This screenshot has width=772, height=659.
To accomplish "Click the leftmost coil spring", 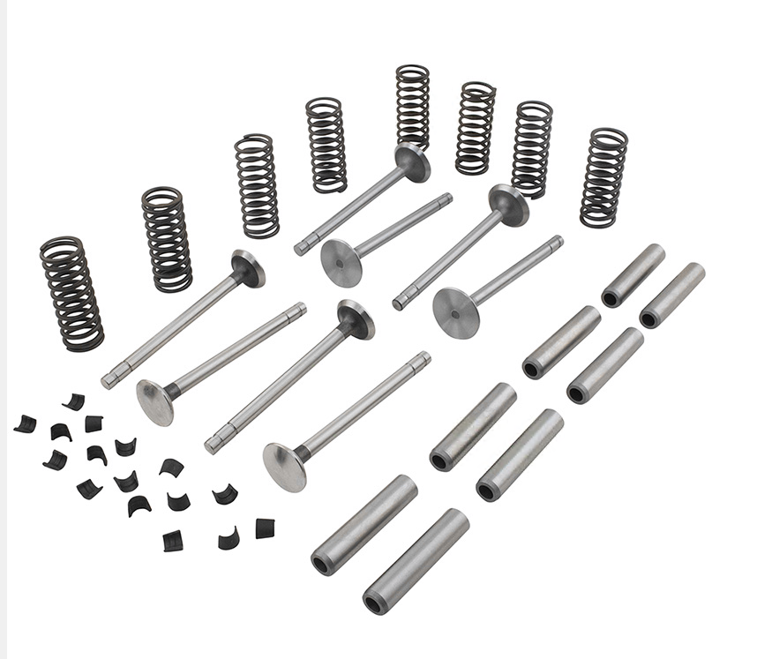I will coord(71,294).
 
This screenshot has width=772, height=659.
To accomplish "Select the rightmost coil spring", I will coord(603,177).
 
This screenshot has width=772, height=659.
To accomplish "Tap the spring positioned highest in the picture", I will coord(412,105).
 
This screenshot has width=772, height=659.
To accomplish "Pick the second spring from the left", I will coord(167,238).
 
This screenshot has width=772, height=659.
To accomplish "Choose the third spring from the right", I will coord(476,128).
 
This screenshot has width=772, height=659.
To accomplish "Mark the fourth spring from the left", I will coord(326,145).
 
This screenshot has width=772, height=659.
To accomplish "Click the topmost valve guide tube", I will coord(633,275).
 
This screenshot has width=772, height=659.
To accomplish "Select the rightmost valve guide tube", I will coord(671,295).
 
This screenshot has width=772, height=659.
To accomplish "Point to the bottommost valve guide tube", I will coord(415,561).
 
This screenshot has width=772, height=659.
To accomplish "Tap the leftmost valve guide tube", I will coord(364,526).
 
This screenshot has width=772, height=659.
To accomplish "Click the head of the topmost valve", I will coord(412,162).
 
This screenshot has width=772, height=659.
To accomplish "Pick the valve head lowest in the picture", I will coord(285,467).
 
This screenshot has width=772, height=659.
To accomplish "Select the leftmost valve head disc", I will coord(155,402).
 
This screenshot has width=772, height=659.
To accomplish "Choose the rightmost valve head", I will coord(509,205).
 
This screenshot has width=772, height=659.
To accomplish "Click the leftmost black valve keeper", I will coord(25,423).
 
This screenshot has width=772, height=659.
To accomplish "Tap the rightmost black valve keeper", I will coord(265,528).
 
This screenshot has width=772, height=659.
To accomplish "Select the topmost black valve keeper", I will coord(74,401).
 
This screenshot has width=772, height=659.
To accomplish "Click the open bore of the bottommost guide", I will coord(375,604).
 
